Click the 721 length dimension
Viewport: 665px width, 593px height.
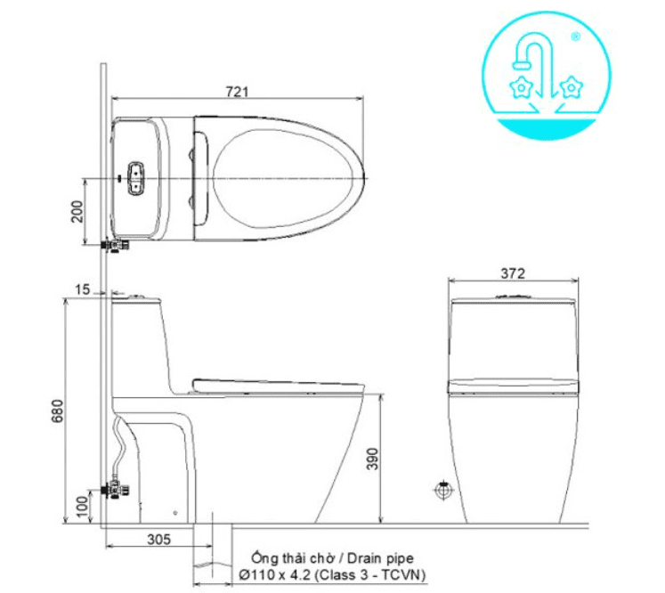236,91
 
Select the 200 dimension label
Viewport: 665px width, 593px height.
77,211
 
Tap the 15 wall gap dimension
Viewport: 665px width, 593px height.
83,289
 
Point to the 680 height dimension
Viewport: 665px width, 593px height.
56,411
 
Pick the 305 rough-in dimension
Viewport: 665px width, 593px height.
158,540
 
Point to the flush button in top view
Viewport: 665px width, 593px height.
136,178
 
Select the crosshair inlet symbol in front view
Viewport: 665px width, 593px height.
442,490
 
